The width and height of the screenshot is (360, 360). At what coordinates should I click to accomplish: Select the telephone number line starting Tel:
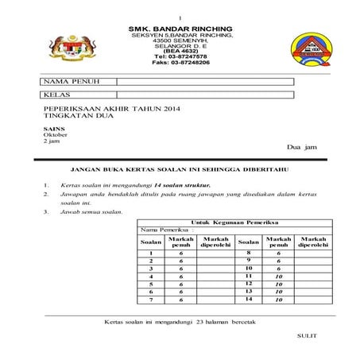click(180, 56)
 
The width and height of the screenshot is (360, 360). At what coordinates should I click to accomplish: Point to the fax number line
click(180, 63)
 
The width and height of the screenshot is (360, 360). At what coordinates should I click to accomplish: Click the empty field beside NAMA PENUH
click(205, 82)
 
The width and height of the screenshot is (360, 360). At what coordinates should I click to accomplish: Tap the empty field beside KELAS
click(205, 95)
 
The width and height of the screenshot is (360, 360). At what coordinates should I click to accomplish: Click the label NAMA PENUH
click(69, 82)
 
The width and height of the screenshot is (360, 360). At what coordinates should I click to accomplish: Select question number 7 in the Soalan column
click(150, 300)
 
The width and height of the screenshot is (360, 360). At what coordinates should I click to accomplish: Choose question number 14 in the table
click(248, 299)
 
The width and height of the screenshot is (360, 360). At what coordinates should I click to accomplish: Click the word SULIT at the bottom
click(306, 336)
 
